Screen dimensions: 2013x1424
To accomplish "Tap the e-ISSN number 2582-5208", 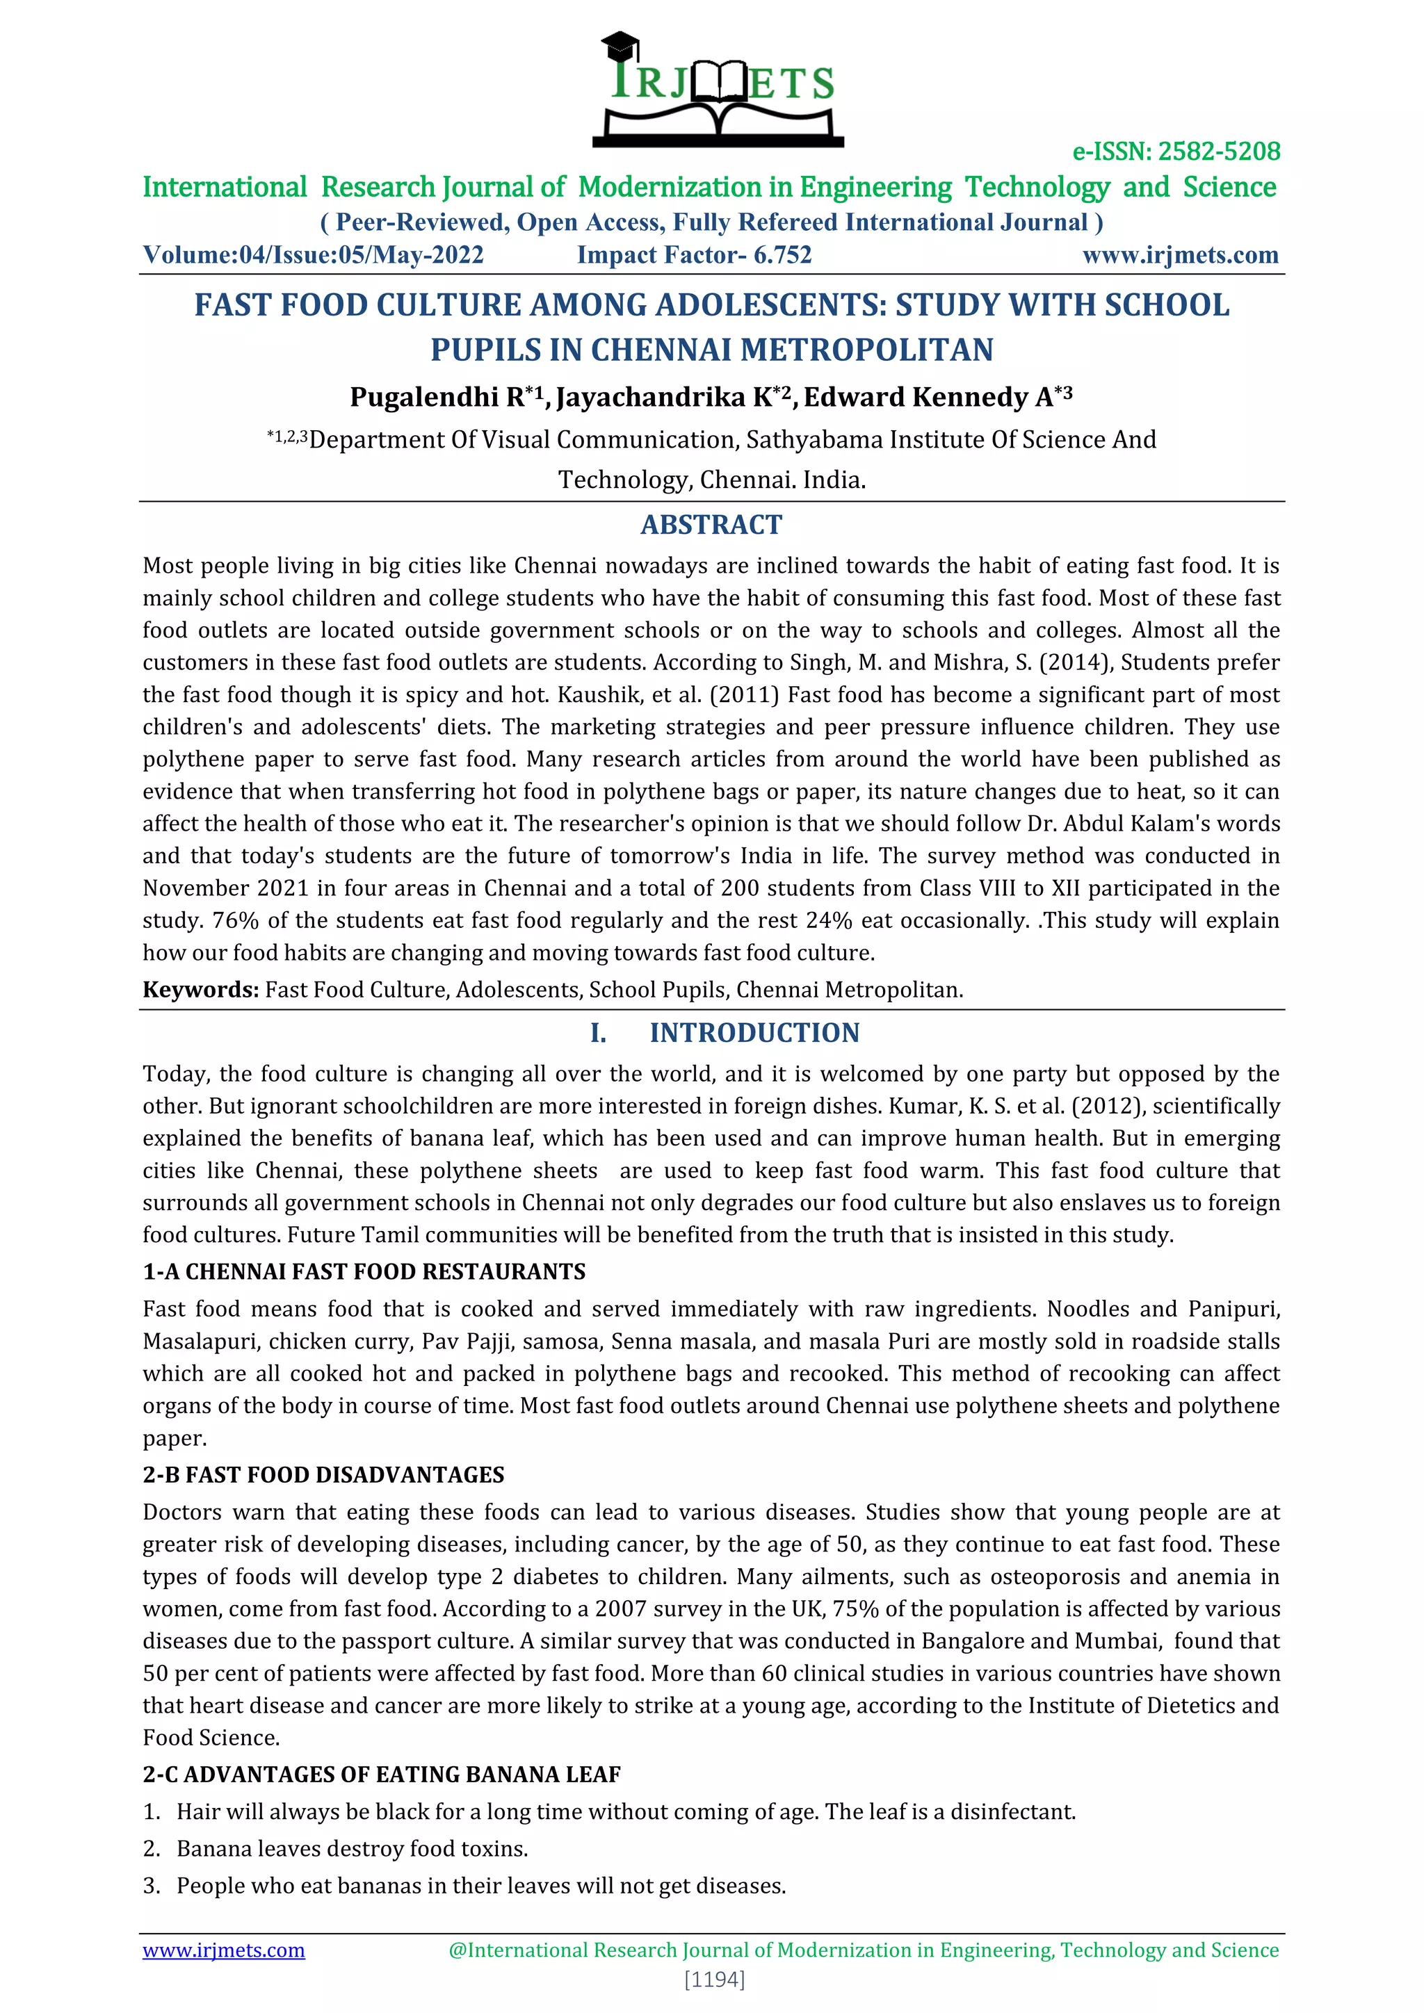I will tap(1219, 152).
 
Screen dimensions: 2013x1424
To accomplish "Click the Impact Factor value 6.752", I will tap(782, 255).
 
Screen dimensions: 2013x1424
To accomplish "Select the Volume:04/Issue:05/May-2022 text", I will tap(313, 255).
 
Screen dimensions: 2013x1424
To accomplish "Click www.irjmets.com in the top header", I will tap(1180, 255).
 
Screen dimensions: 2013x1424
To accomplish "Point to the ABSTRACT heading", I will tap(711, 524).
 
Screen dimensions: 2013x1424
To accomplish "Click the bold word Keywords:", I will tap(201, 990).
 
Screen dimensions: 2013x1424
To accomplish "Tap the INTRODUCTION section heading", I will tap(754, 1033).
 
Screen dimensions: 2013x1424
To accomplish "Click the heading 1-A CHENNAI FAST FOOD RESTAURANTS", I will tap(364, 1271).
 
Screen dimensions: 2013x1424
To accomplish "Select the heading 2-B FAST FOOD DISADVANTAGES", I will tap(323, 1475).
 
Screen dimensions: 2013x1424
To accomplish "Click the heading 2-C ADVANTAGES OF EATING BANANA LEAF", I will tap(382, 1775).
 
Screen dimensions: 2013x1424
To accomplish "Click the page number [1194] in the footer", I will tap(714, 1980).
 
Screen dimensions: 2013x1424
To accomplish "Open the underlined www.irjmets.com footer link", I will tap(224, 1950).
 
